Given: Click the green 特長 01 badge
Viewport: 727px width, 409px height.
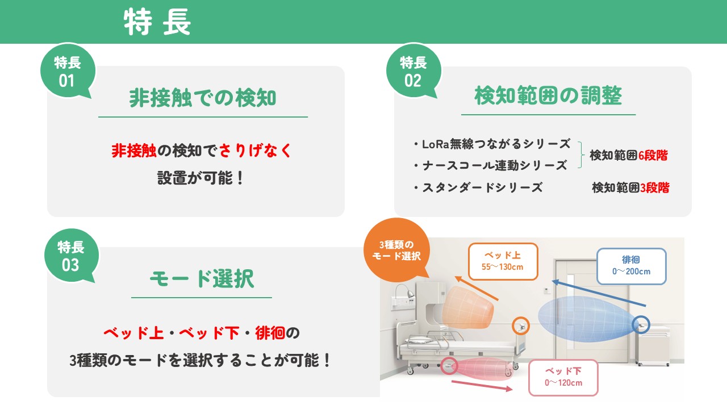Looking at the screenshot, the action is pos(68,71).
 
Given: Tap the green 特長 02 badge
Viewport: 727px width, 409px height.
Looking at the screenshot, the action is pos(413,71).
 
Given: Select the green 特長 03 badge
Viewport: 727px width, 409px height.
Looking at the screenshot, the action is pos(72,256).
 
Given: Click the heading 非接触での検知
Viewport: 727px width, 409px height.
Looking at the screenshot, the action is pos(203,98).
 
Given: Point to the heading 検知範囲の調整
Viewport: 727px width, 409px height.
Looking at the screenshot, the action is pos(548,96).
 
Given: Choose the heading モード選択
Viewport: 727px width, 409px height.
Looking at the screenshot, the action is pos(202,278).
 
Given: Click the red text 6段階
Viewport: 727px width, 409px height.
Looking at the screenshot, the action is pos(653,156).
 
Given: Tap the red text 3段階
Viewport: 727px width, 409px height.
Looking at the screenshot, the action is pos(655,187).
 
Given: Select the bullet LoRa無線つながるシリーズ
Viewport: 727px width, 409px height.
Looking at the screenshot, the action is pos(492,144).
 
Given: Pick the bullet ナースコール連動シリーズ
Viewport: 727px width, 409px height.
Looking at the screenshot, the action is pos(490,165).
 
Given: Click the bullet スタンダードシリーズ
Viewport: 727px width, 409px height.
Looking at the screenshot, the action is pos(478,187).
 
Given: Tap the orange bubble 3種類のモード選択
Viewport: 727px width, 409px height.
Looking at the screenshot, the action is pos(396,250).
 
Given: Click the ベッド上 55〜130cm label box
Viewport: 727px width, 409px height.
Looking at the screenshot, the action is pos(503,261).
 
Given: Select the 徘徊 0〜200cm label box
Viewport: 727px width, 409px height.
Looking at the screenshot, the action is pos(631,266).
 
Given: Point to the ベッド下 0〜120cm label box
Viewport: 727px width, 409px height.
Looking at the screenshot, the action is pos(563,378).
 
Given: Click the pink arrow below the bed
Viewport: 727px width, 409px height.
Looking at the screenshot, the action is pos(482,386).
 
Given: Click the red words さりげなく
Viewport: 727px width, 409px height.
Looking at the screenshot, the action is pos(255,151).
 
